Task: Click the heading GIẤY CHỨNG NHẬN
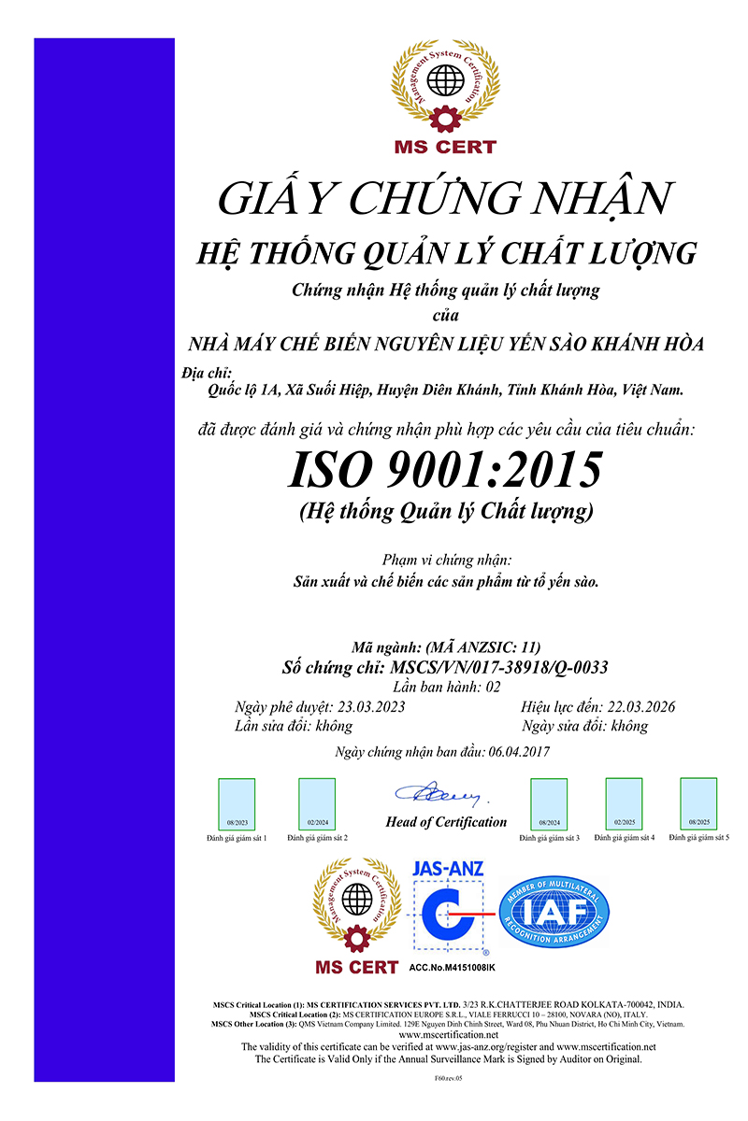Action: (444, 198)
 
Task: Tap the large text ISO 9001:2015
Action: (444, 469)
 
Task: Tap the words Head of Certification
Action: (446, 822)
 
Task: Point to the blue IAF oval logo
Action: (554, 912)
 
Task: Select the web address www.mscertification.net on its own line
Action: (449, 1035)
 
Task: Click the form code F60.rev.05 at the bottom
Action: (449, 1077)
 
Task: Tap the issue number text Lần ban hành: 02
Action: (448, 687)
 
